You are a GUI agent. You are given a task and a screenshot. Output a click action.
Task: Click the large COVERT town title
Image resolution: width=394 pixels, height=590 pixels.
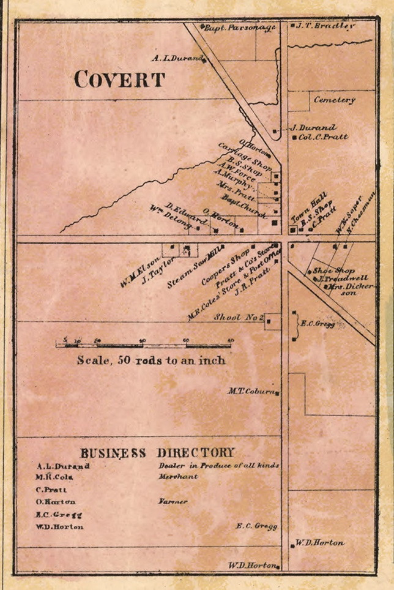119,80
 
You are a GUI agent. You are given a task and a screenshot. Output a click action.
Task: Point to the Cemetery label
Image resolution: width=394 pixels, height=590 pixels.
334,99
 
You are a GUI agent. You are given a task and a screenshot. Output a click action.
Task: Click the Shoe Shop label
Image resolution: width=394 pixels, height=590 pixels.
334,270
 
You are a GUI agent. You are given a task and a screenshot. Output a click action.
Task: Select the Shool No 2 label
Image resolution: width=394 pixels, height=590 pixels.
239,318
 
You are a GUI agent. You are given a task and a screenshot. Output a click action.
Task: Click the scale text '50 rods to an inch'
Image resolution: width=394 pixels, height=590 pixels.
151,360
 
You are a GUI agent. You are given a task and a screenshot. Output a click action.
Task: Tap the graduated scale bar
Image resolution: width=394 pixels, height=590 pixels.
144,345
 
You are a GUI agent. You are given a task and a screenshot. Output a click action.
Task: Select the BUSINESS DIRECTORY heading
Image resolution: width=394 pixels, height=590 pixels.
157,453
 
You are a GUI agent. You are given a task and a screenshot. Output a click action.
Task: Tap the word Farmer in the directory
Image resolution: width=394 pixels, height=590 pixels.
173,501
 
